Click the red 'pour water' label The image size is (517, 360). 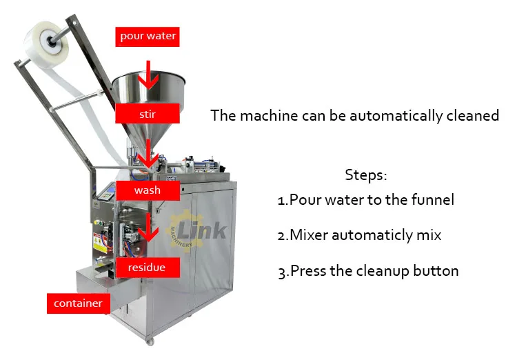tap(148, 37)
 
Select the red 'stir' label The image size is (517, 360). tap(148, 113)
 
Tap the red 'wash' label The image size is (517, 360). tap(148, 190)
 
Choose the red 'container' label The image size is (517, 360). tap(79, 303)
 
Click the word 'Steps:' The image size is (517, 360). tap(366, 174)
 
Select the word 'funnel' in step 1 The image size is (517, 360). tap(432, 200)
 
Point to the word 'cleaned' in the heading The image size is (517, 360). tap(471, 115)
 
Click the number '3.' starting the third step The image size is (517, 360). tap(283, 271)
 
